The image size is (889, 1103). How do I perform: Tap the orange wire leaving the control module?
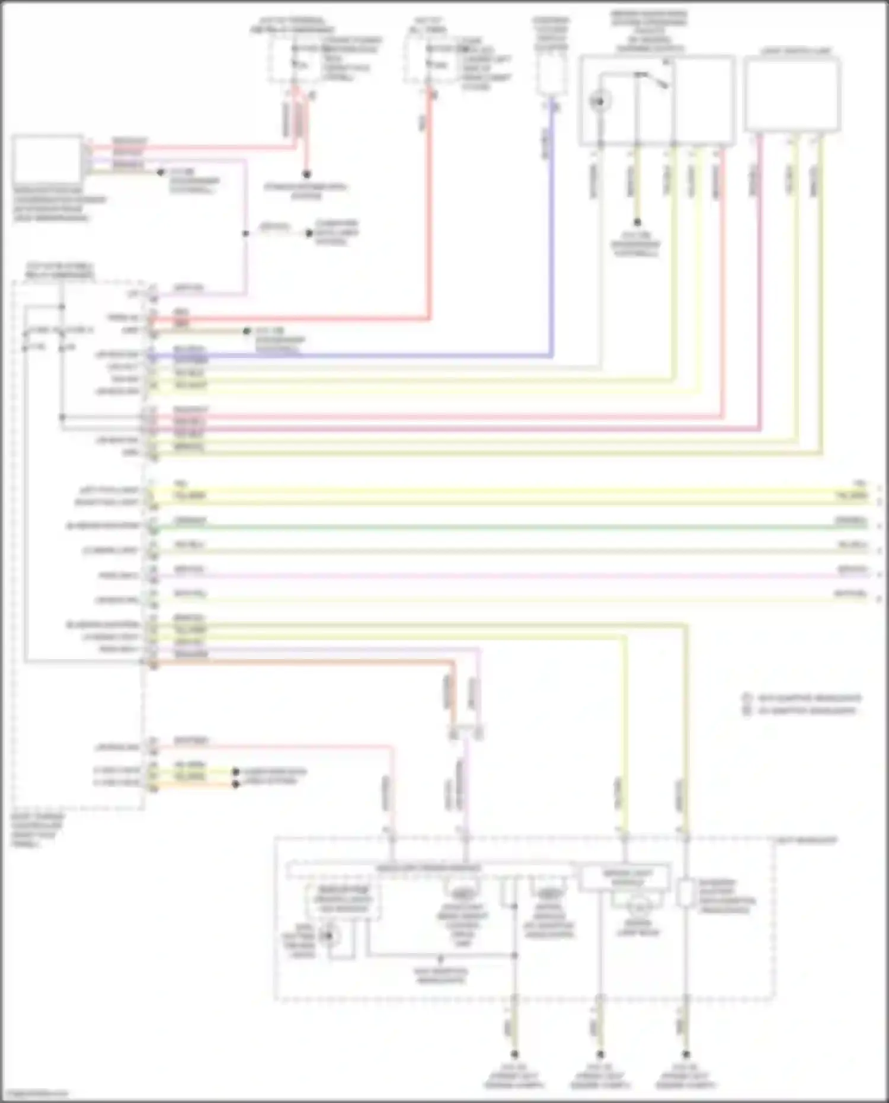pos(296,662)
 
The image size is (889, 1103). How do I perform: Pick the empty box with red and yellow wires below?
pos(792,95)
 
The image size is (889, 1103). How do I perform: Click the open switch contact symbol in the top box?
pos(652,79)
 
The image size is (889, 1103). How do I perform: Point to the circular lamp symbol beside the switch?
pos(600,101)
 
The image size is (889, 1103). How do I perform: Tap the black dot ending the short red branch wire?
pos(306,175)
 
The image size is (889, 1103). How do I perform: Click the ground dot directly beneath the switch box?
pos(637,223)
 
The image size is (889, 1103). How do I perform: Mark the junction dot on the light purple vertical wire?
pos(245,234)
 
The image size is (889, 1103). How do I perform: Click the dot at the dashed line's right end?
pos(308,233)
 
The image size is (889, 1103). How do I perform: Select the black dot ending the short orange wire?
pos(235,784)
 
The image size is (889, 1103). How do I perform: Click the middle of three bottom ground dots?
pos(600,1054)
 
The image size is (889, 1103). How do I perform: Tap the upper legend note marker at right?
pos(747,698)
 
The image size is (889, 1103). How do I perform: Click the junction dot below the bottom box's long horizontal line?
pos(440,958)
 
